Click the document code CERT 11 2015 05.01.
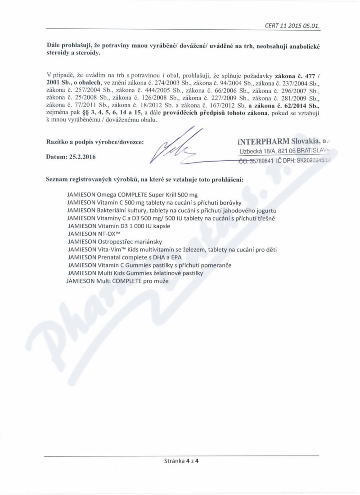click(x=292, y=26)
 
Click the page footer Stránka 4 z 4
click(x=182, y=460)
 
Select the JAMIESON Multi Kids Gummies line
click(x=135, y=273)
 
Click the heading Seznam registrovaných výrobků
click(x=145, y=179)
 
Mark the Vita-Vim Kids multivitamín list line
click(x=172, y=250)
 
